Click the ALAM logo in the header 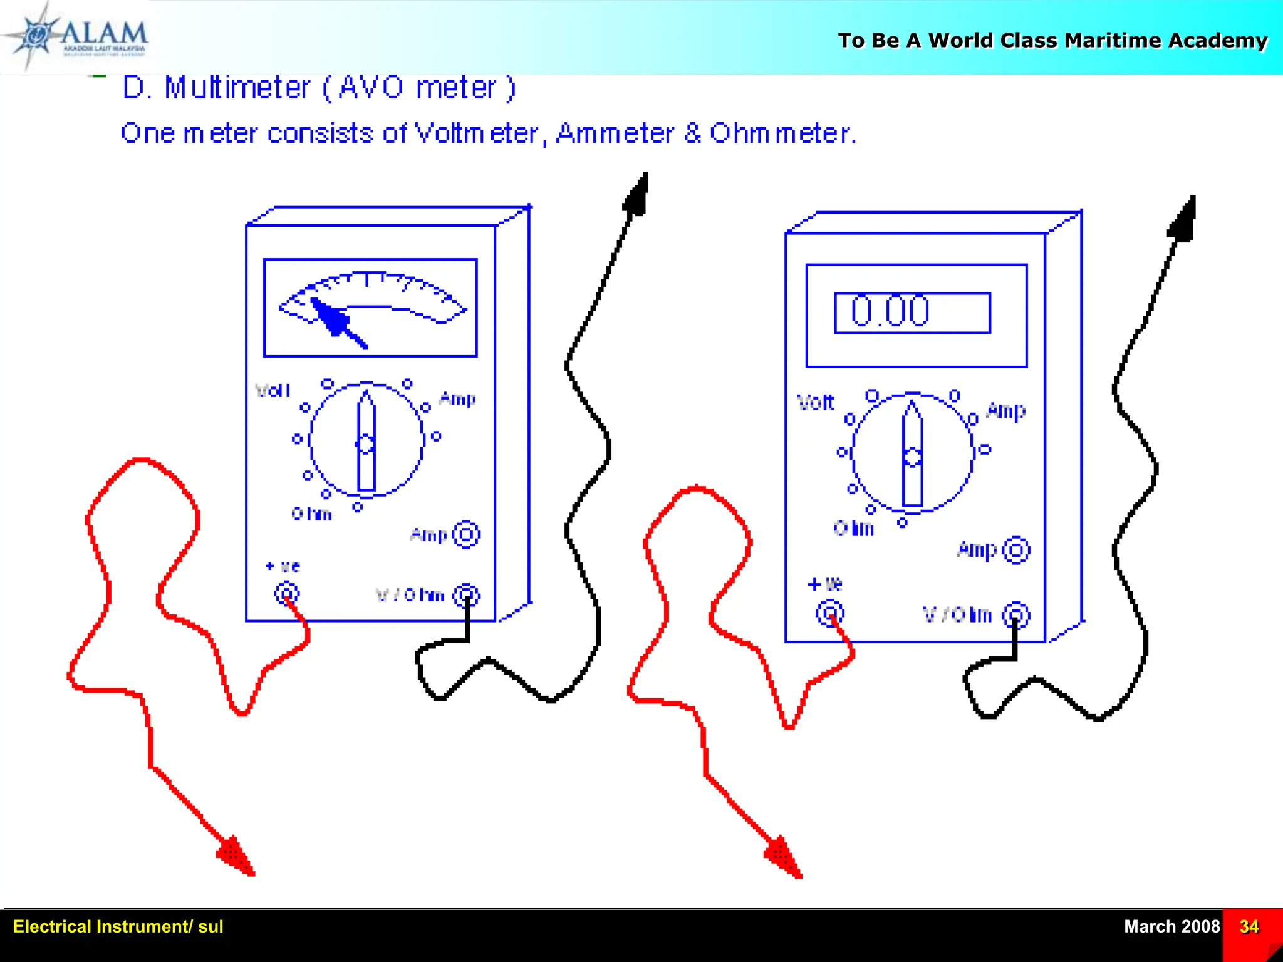pyautogui.click(x=81, y=36)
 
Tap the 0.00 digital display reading pyautogui.click(x=890, y=311)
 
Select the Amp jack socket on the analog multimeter pyautogui.click(x=466, y=534)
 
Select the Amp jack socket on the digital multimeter pyautogui.click(x=1015, y=551)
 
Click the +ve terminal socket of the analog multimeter pyautogui.click(x=287, y=592)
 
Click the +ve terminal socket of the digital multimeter pyautogui.click(x=830, y=613)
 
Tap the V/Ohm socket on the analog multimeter pyautogui.click(x=467, y=595)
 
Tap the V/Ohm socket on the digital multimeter pyautogui.click(x=1015, y=615)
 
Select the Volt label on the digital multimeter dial pyautogui.click(x=816, y=402)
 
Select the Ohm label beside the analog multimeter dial pyautogui.click(x=311, y=514)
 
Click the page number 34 pyautogui.click(x=1249, y=926)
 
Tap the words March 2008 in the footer pyautogui.click(x=1171, y=926)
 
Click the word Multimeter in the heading pyautogui.click(x=237, y=87)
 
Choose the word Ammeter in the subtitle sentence pyautogui.click(x=615, y=133)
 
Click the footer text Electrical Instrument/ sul pyautogui.click(x=118, y=926)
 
